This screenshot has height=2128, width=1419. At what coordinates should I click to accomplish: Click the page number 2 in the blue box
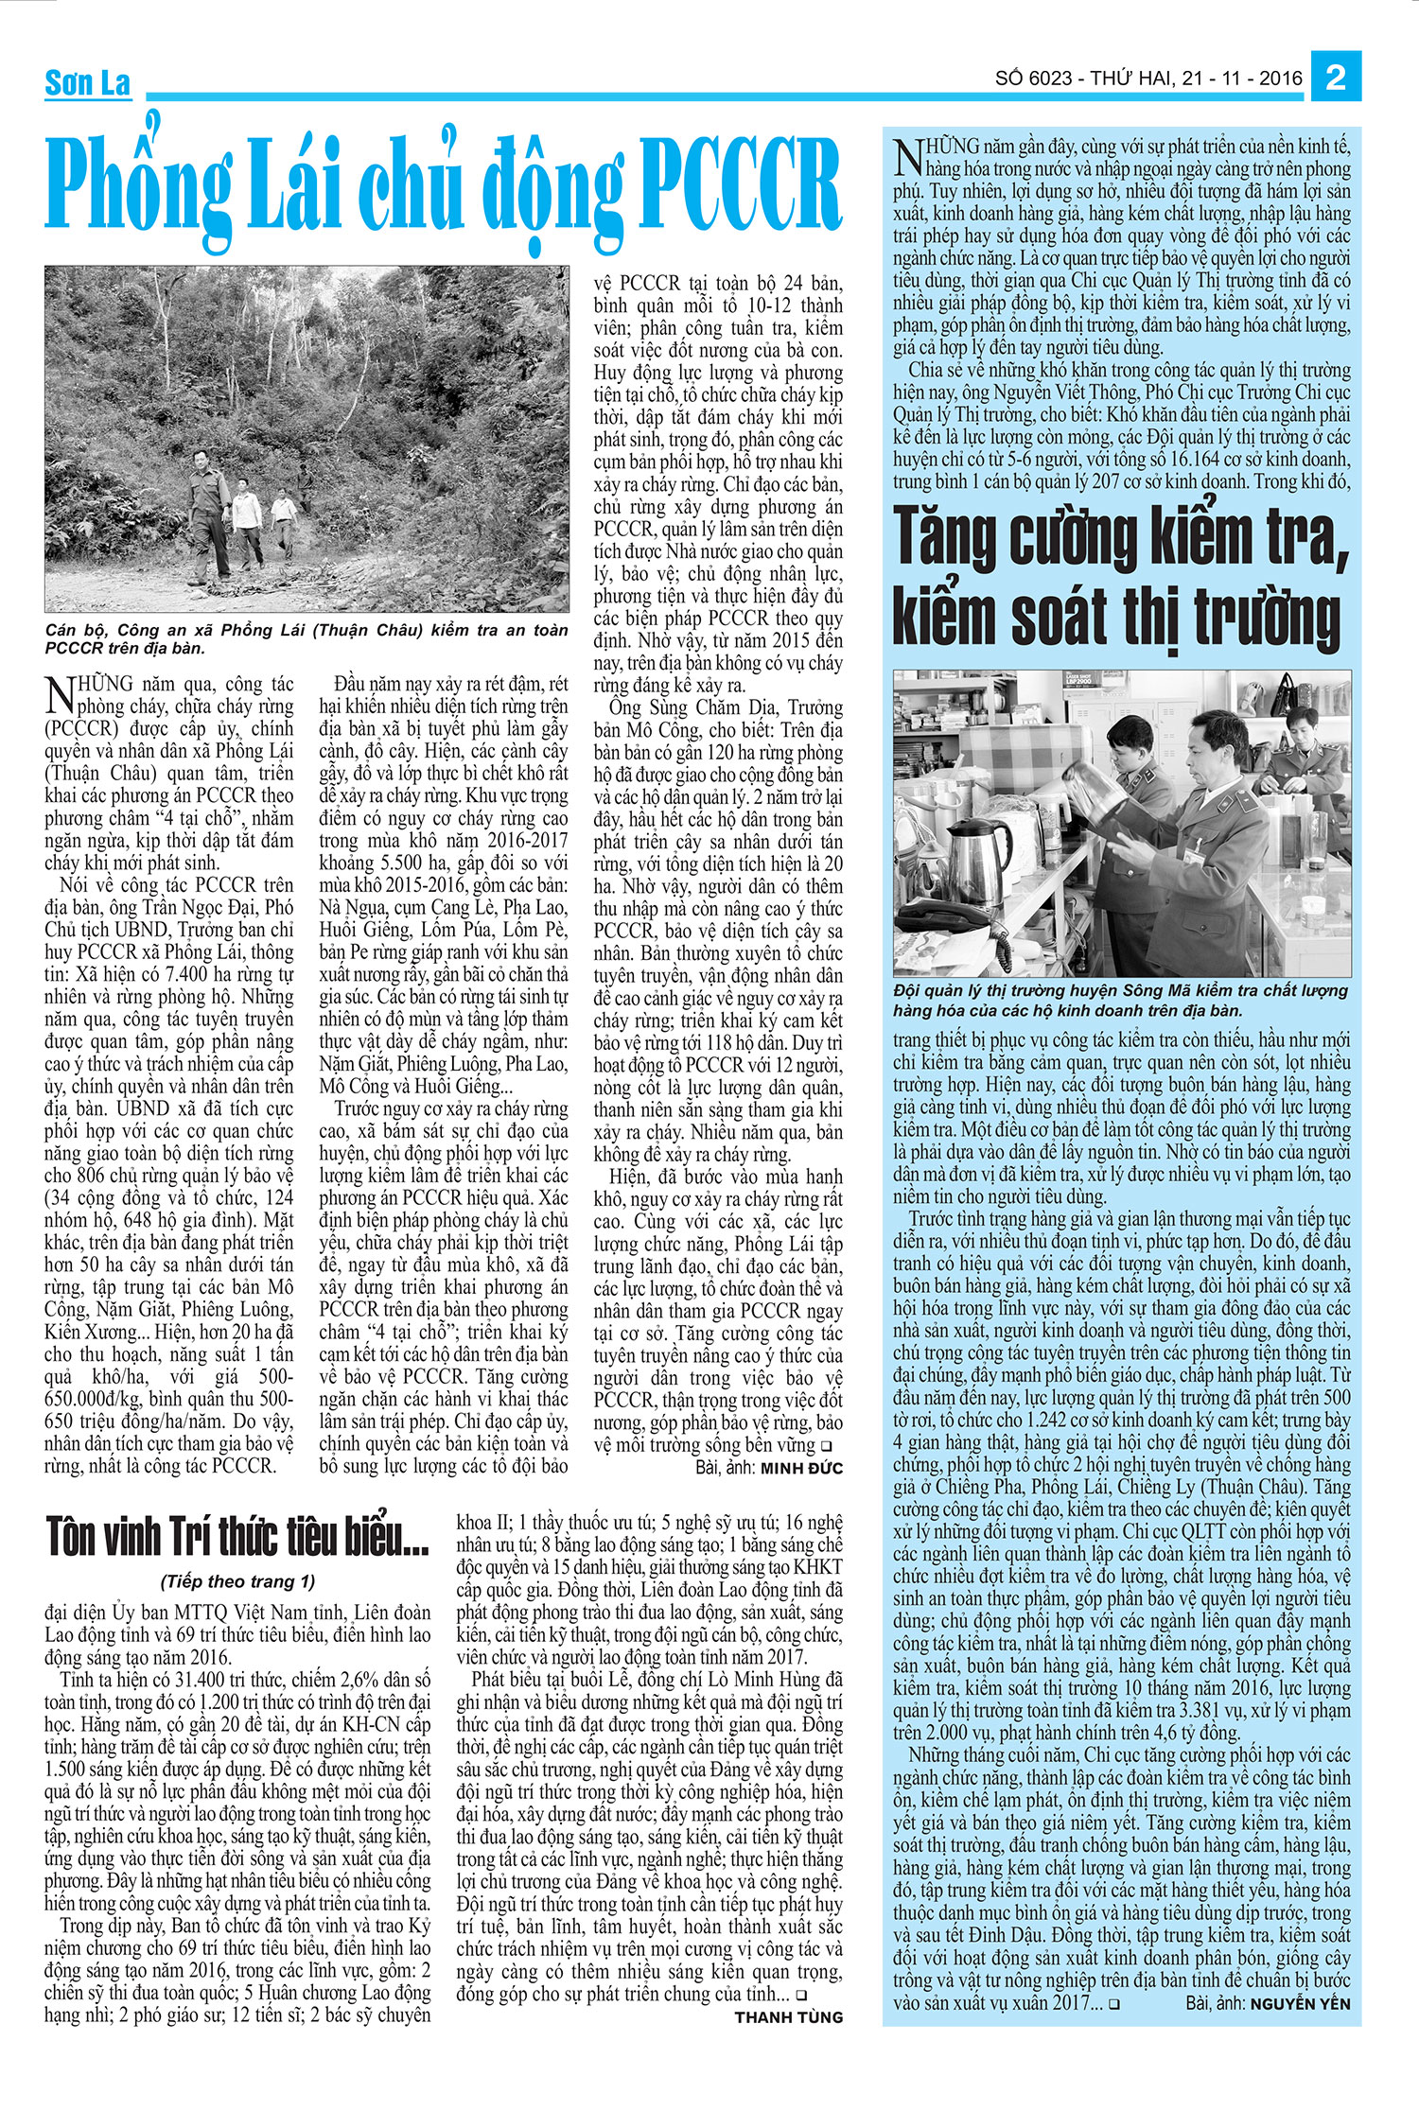pos(1336,77)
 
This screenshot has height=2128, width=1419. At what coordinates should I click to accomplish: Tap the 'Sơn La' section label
pos(87,84)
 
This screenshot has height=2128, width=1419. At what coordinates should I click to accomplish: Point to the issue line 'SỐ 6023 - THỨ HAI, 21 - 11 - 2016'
pos(1148,78)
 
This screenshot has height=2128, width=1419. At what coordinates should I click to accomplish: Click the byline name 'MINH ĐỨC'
pos(801,1468)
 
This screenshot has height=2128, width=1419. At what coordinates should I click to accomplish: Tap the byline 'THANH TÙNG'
pos(788,2016)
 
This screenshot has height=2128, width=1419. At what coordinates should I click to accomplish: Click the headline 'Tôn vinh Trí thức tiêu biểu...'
pos(236,1537)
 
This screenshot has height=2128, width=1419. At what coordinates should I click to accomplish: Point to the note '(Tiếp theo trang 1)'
pos(237,1581)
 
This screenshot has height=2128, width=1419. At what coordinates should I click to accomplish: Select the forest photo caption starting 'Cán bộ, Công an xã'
pos(307,638)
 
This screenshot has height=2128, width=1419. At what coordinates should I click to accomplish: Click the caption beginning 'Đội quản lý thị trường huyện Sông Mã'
pos(1120,1000)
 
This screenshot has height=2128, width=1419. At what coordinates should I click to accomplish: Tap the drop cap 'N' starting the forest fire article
pos(59,693)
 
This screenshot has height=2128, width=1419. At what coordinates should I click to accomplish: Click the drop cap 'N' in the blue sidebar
pos(907,156)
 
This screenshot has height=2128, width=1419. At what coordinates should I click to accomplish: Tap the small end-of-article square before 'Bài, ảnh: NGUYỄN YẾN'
pos(1115,2004)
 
